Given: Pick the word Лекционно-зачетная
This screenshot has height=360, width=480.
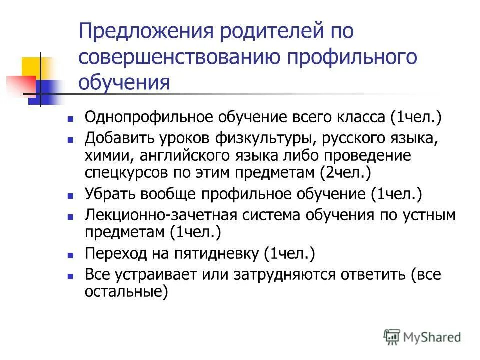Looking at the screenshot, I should click(x=164, y=215).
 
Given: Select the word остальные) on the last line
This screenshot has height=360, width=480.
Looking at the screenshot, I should click(x=126, y=291).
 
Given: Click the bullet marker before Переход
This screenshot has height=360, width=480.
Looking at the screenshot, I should click(x=71, y=254).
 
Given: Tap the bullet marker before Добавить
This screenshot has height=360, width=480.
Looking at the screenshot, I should click(x=71, y=139).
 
